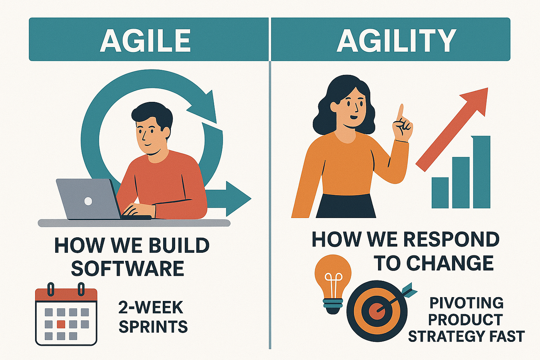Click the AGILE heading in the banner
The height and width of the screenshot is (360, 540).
click(145, 41)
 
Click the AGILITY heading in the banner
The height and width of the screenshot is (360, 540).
click(397, 41)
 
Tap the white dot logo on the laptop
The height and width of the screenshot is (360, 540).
click(88, 201)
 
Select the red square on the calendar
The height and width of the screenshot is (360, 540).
click(61, 324)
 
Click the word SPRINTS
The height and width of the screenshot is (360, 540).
click(153, 326)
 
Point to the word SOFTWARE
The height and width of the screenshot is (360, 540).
click(128, 268)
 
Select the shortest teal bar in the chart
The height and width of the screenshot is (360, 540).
click(440, 193)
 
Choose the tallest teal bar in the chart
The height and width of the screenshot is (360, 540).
click(482, 172)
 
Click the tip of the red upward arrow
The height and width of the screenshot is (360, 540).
click(488, 88)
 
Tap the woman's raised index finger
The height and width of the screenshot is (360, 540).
click(401, 113)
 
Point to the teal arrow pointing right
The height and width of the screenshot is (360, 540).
click(228, 199)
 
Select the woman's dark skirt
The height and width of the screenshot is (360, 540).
click(346, 206)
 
